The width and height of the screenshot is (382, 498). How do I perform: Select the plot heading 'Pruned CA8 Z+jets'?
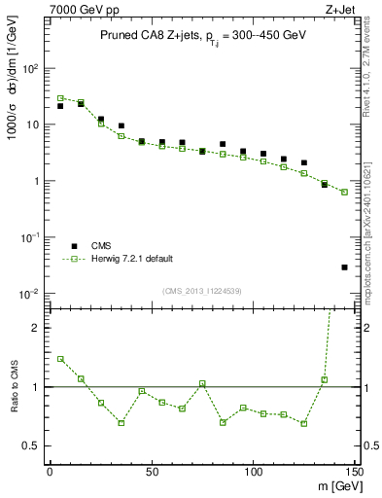click(x=146, y=35)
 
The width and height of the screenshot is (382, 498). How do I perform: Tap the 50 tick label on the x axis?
click(x=151, y=472)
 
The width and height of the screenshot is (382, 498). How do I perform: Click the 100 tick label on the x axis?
click(x=253, y=472)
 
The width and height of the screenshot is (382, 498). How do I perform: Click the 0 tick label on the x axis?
click(x=50, y=472)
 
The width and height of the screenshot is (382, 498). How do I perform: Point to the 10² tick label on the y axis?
click(x=31, y=69)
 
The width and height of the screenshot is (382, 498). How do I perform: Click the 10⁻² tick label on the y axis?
click(x=31, y=294)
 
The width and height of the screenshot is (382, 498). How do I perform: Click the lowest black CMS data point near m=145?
click(x=345, y=267)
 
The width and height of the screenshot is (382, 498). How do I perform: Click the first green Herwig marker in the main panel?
click(x=60, y=98)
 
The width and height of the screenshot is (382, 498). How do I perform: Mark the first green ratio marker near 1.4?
click(x=60, y=359)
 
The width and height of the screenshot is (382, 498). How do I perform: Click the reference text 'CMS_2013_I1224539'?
click(x=201, y=290)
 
